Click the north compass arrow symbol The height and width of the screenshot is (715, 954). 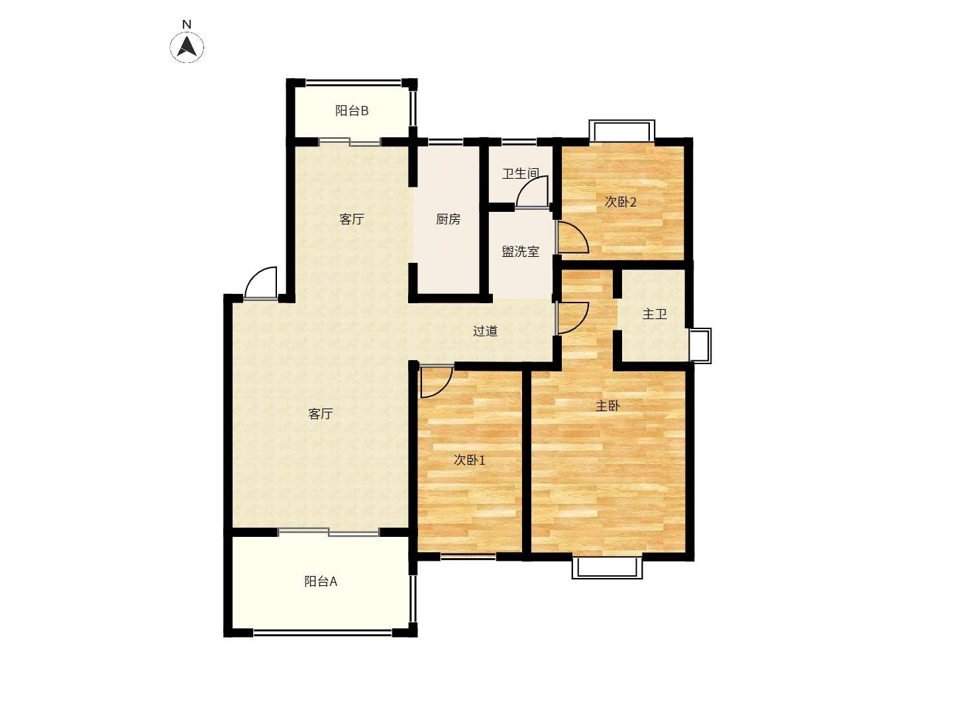[x=186, y=47]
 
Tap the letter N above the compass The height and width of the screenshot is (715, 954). [x=186, y=24]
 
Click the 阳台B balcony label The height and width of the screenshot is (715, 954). [x=352, y=111]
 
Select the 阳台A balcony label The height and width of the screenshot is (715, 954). [x=320, y=581]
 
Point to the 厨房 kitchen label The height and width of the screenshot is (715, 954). [x=448, y=219]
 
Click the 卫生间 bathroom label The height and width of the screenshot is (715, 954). [x=520, y=173]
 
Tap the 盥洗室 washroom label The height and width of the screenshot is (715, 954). [x=520, y=252]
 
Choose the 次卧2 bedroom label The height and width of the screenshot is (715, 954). [x=620, y=202]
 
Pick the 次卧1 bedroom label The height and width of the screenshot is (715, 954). [x=469, y=459]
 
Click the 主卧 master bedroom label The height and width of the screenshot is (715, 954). [x=607, y=406]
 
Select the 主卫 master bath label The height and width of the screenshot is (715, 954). [x=654, y=314]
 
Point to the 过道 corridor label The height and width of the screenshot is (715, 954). [x=485, y=331]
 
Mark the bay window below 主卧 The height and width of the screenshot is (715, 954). [x=607, y=568]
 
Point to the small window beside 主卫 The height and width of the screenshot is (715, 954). [x=700, y=346]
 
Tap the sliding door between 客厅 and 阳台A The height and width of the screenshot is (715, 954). [x=329, y=532]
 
